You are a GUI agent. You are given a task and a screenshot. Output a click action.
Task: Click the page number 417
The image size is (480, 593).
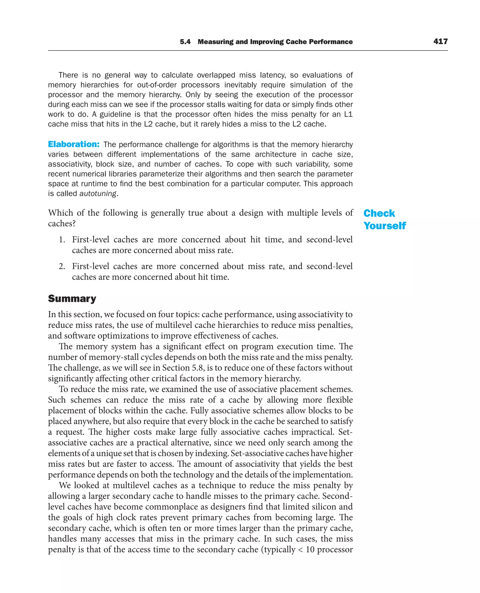(440, 41)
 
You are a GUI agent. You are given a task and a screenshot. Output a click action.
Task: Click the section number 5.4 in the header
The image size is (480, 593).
(185, 42)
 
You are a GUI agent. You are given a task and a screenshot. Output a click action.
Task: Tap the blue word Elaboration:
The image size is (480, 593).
(74, 144)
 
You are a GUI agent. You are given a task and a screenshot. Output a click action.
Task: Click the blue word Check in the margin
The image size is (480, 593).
(379, 213)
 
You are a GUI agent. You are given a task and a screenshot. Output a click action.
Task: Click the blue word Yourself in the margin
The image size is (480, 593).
(385, 226)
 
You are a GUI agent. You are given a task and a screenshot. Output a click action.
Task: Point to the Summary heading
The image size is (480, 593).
(72, 299)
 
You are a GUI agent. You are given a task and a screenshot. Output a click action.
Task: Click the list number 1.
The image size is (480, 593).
(62, 240)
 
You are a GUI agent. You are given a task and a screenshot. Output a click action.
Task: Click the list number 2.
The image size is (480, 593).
(62, 266)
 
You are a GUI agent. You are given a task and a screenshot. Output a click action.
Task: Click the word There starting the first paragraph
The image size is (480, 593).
(68, 75)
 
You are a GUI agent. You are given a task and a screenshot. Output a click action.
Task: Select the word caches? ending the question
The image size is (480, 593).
(62, 223)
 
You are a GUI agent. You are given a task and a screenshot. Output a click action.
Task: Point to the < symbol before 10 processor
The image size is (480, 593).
(300, 550)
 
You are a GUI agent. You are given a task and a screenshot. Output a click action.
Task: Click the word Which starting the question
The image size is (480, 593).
(60, 213)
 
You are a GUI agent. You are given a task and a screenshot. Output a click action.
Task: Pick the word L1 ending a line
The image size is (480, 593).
(348, 114)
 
